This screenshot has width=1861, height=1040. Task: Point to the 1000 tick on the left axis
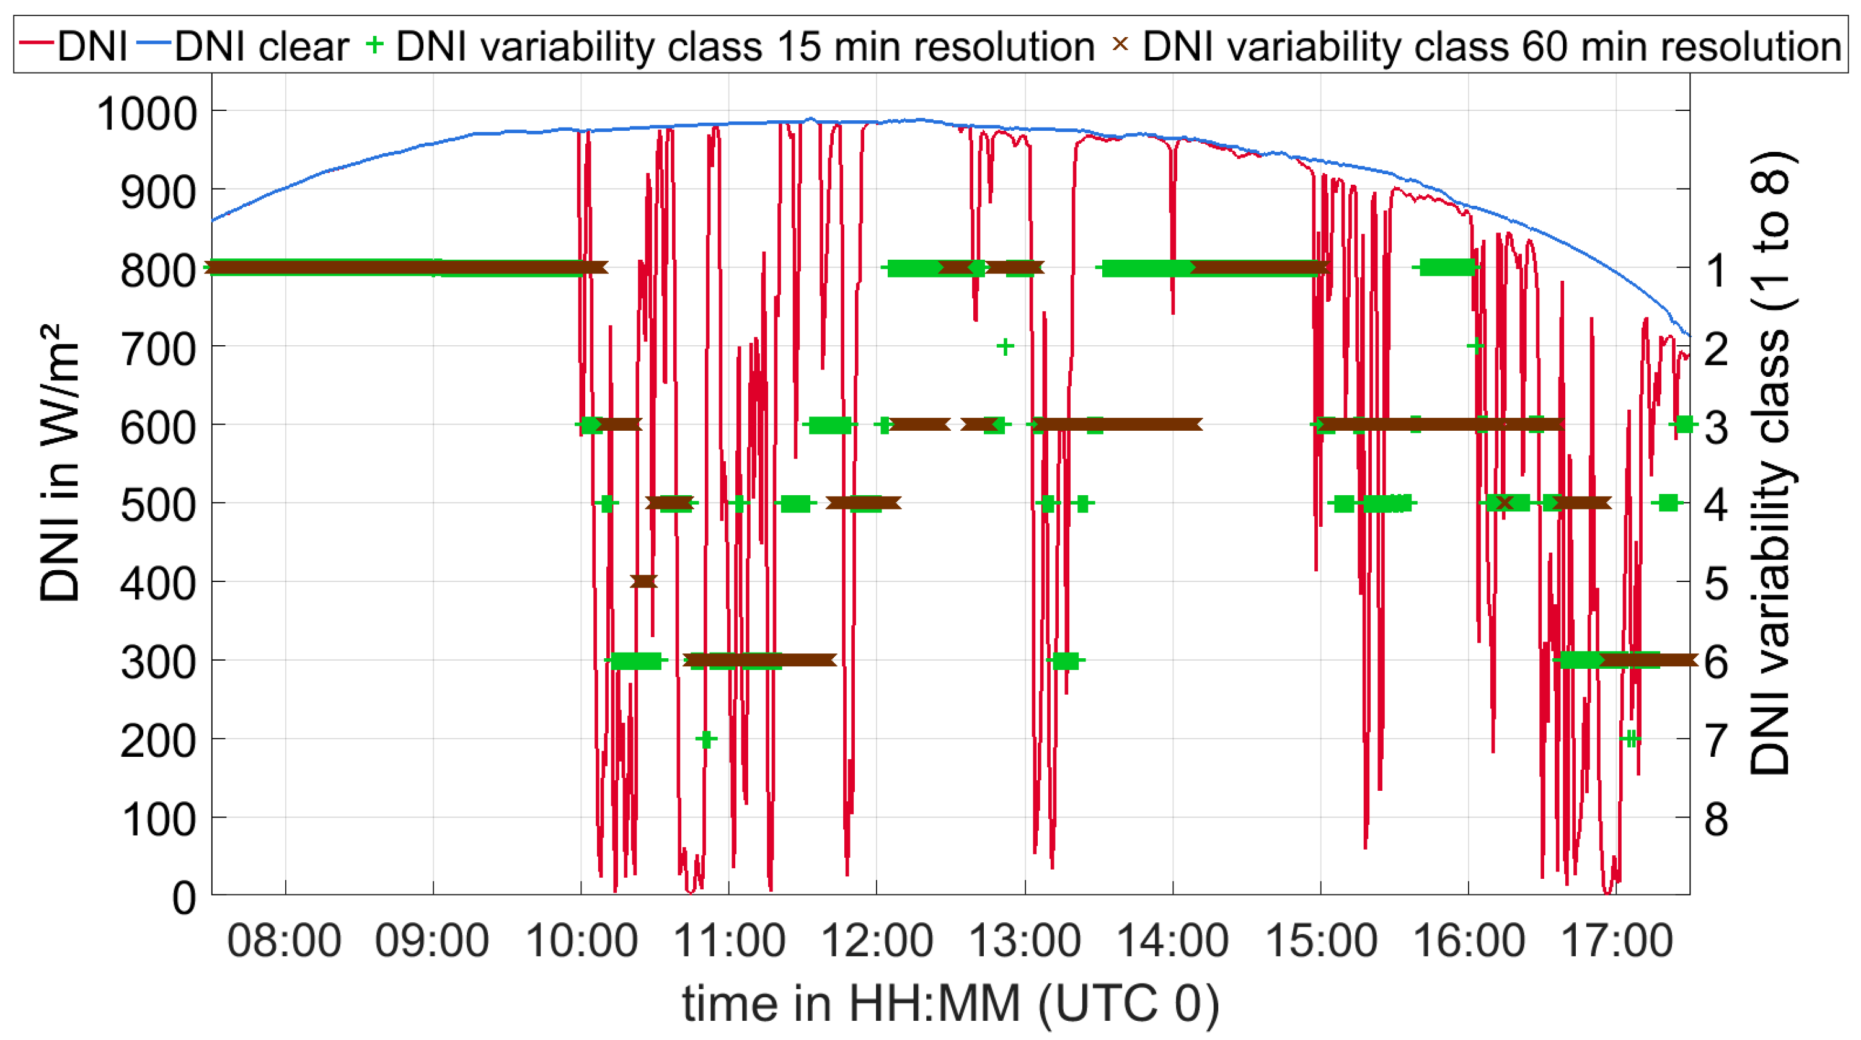[x=148, y=114]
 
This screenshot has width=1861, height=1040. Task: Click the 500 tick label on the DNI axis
[x=158, y=506]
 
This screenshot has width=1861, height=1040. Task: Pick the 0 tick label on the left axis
[x=184, y=899]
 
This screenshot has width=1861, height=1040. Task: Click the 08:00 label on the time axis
[x=284, y=940]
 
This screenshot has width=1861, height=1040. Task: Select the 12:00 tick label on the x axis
[x=877, y=940]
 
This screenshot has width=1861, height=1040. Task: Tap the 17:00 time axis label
[x=1617, y=940]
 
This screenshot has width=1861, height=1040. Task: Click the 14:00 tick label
[x=1172, y=940]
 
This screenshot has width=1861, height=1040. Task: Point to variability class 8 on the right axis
[x=1717, y=820]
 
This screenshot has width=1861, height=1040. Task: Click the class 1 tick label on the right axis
[x=1717, y=270]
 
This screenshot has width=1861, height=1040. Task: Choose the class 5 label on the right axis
[x=1717, y=584]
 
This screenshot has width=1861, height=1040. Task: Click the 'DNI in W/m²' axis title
[x=60, y=462]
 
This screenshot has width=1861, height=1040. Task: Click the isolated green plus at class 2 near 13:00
[x=1005, y=346]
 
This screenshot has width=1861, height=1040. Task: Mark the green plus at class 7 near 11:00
[x=707, y=739]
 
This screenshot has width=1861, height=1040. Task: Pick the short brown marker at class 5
[x=643, y=581]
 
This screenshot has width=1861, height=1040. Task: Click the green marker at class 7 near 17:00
[x=1630, y=739]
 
